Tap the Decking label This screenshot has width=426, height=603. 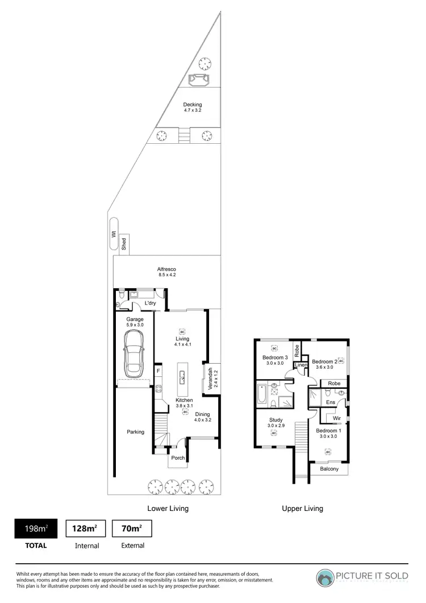(x=192, y=105)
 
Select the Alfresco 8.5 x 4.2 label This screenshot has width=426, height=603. (x=167, y=272)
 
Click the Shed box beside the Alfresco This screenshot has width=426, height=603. (x=124, y=244)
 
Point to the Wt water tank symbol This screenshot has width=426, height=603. (x=113, y=234)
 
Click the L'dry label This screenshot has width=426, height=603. (x=151, y=303)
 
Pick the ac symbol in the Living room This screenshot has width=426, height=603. (x=182, y=331)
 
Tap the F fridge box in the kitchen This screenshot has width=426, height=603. (x=158, y=371)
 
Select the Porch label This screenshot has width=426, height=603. (x=178, y=458)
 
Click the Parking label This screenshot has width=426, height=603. (x=135, y=432)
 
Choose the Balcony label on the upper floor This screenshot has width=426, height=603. (x=329, y=469)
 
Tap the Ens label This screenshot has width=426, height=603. (x=330, y=402)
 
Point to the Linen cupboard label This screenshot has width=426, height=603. (x=300, y=365)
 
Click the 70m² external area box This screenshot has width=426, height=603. (x=132, y=529)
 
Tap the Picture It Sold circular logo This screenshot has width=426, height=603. (x=326, y=577)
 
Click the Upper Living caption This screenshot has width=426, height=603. (x=302, y=508)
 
